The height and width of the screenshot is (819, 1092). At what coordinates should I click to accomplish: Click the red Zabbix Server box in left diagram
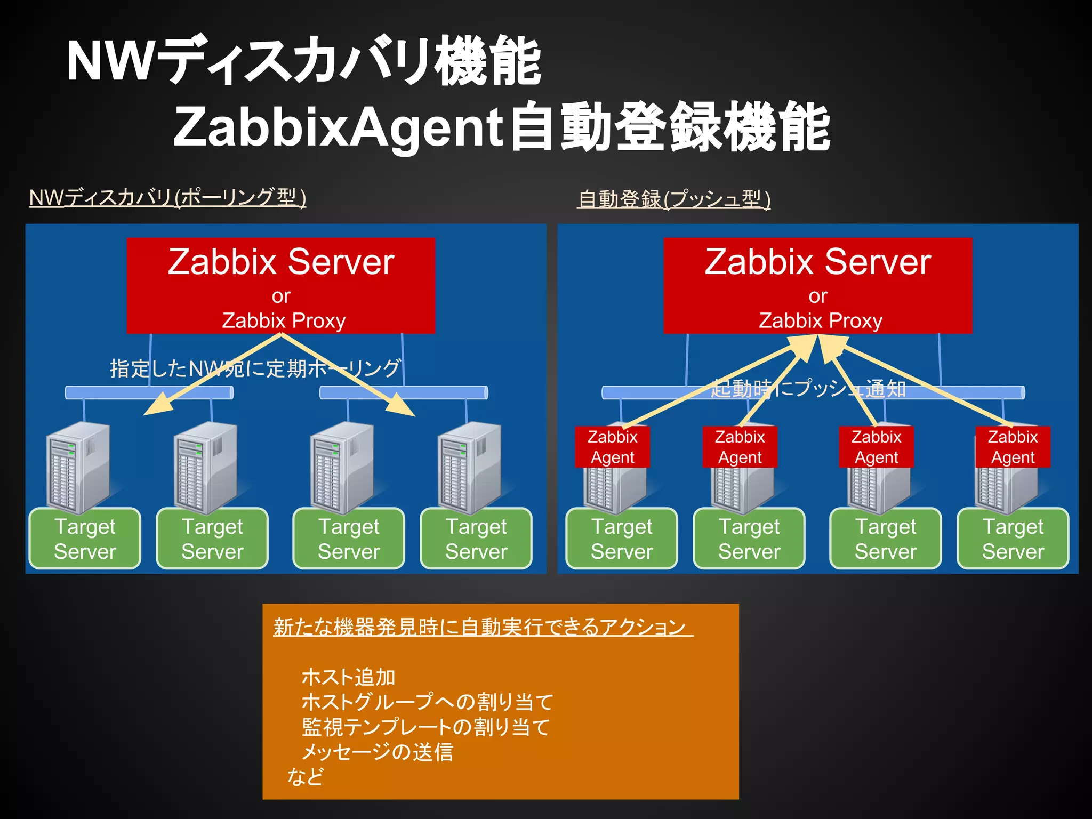coord(281,285)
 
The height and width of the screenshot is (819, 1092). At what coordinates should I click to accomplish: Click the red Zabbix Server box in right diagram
coord(817,285)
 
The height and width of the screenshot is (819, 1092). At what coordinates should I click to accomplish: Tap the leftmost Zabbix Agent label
coord(612,447)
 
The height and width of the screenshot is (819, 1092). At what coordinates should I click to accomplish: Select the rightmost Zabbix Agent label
coord(1013,447)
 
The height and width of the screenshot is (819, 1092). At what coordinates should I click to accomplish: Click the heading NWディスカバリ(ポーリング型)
coord(167,198)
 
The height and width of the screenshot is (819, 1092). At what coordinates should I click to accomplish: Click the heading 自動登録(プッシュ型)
coord(674,199)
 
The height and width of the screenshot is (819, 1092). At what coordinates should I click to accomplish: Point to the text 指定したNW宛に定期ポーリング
coord(255,368)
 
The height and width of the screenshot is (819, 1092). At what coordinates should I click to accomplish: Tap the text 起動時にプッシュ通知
coord(808,389)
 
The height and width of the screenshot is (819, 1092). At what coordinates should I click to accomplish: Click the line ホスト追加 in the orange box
coord(348,677)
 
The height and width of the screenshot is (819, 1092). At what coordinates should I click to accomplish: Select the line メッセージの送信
coord(377,752)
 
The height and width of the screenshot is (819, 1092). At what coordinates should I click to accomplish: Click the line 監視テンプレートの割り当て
coord(425,727)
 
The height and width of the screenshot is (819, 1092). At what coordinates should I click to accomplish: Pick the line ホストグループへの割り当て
coord(427,702)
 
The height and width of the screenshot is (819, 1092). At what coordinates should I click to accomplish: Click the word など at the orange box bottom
coord(305,776)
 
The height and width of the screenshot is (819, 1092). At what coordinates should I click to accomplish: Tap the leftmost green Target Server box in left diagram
coord(85,539)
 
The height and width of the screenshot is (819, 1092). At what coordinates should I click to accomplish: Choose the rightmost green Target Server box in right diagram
coord(1013,539)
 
